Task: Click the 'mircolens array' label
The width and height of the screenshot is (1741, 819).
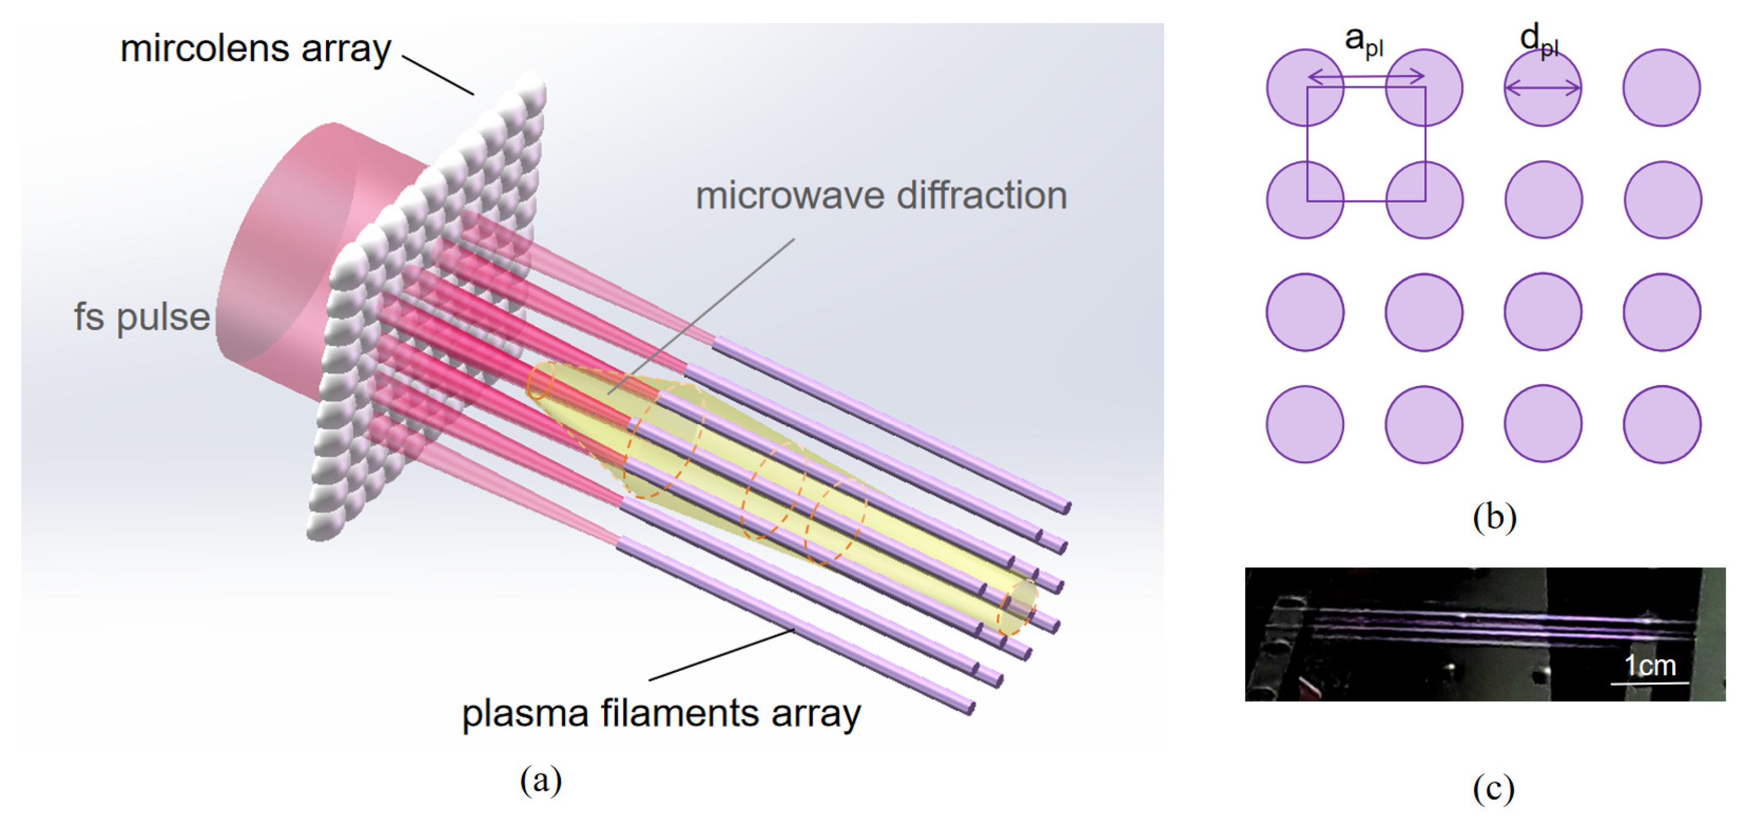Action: click(x=255, y=48)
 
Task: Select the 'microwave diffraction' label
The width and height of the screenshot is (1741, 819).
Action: click(x=881, y=196)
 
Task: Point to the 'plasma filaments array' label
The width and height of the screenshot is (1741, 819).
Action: click(x=661, y=713)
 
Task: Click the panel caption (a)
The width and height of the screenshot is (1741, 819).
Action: click(x=541, y=780)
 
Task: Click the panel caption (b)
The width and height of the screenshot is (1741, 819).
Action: click(x=1494, y=517)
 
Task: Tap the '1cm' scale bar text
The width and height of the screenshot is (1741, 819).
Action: click(x=1650, y=665)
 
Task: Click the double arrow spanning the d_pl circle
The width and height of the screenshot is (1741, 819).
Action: click(x=1542, y=87)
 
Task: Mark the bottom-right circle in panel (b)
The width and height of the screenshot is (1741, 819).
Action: click(x=1662, y=424)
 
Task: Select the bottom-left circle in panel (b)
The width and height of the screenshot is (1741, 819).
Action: click(x=1305, y=424)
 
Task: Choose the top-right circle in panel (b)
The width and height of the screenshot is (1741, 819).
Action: click(x=1662, y=87)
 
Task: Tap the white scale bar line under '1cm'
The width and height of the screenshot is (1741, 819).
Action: click(x=1650, y=683)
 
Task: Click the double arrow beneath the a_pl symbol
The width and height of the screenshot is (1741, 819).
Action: click(x=1367, y=77)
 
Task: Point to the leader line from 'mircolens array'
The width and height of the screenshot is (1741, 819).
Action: click(x=438, y=74)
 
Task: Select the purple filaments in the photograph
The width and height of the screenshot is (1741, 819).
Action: click(x=1500, y=626)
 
